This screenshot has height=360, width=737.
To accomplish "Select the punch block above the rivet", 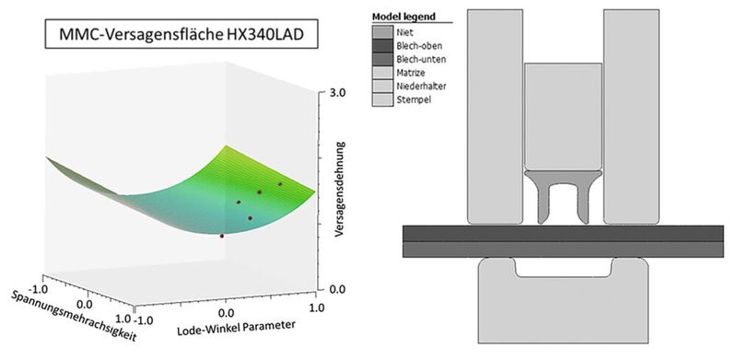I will coord(563,115).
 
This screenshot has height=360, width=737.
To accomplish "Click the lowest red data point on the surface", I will coord(222,236).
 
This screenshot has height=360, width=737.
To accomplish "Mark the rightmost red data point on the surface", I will coord(280,184).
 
